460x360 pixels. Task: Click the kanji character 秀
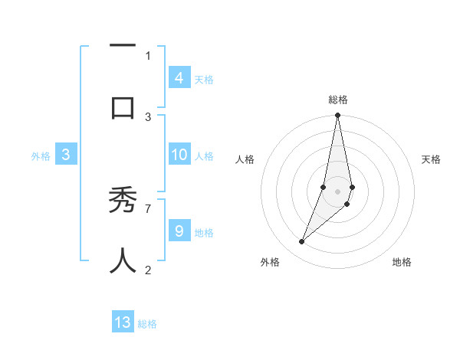pos(123,203)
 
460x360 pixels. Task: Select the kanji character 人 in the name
pos(123,260)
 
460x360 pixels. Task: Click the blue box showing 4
pos(179,77)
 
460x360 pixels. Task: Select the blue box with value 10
pos(179,155)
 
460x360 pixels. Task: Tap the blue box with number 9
pos(179,231)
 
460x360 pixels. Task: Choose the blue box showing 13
pos(123,322)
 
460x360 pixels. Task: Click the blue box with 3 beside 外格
pos(66,155)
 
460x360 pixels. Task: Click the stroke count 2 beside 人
pos(148,269)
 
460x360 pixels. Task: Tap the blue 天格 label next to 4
pos(204,79)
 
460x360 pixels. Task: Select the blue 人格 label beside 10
pos(204,156)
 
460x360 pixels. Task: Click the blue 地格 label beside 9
pos(204,232)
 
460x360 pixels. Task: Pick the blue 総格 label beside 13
pos(147,324)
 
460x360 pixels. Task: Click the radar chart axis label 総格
pos(337,100)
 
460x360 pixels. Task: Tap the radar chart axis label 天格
pos(431,159)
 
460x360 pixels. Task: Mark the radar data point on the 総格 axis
pos(337,116)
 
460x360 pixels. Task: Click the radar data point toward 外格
pos(302,241)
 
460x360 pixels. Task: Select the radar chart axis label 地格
pos(402,262)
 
